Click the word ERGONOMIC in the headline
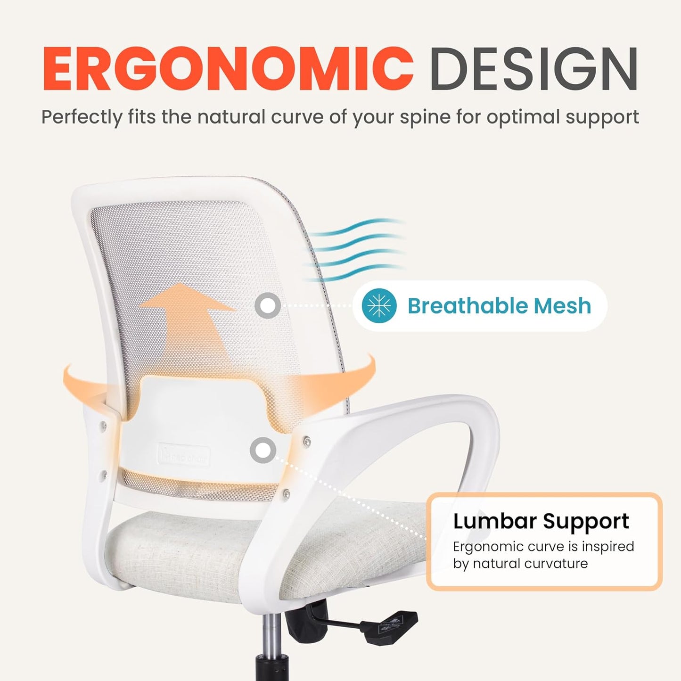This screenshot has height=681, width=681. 228,69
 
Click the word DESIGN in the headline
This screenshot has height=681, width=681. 533,69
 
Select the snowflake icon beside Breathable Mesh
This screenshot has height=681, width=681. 379,306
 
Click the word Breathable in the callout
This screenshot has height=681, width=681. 468,306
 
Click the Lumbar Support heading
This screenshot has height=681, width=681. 541,521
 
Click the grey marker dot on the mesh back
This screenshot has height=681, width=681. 268,306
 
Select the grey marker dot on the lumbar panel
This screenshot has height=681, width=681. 263,450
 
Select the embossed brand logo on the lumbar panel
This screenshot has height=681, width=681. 184,456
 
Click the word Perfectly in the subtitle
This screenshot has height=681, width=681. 82,117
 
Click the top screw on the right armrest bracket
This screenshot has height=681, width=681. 307,442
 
